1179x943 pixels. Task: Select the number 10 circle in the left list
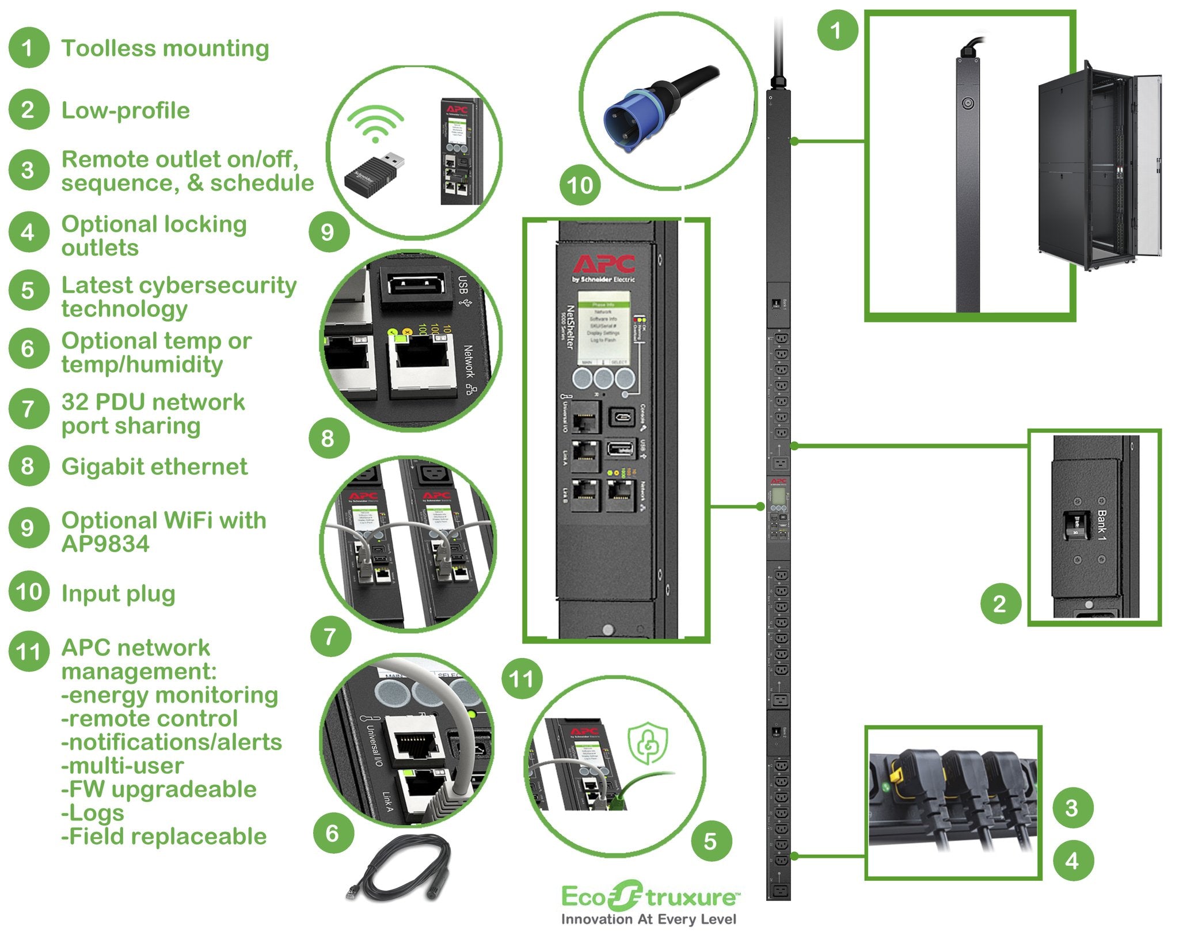click(29, 591)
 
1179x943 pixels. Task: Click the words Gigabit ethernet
click(154, 466)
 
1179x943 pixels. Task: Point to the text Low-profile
click(125, 111)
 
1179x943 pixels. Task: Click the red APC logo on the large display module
click(604, 264)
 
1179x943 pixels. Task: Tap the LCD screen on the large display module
click(603, 327)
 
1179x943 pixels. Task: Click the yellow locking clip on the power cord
click(896, 778)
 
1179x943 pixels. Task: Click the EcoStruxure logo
click(649, 897)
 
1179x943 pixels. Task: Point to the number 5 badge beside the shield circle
click(710, 841)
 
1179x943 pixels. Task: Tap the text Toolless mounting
click(165, 48)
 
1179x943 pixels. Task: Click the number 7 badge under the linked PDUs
click(330, 636)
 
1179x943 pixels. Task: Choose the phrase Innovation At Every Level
click(649, 919)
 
